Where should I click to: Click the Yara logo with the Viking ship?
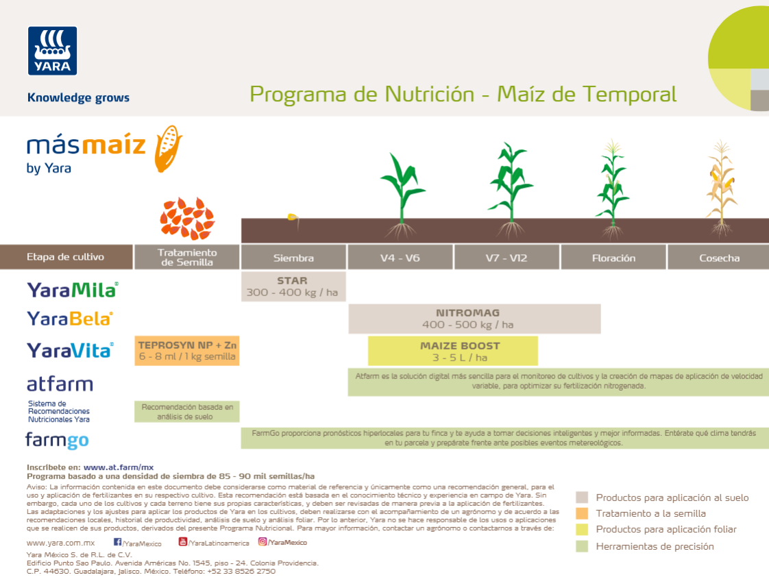coord(52,50)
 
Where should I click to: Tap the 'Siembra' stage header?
coord(293,258)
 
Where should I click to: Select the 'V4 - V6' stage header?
coord(400,258)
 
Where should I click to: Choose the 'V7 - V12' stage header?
coord(507,258)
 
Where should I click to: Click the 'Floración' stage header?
coord(613,258)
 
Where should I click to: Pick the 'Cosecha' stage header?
coord(719,258)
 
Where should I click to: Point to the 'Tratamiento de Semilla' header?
coord(186,257)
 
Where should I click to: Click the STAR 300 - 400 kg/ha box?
coord(293,286)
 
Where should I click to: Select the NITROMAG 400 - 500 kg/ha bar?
coord(474,319)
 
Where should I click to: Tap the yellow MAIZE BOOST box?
coord(452,351)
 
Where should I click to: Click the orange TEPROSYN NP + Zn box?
coord(187,350)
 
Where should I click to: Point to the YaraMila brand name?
coord(72,289)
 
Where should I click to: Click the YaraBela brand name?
coord(69,319)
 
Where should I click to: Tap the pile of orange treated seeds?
coord(187,218)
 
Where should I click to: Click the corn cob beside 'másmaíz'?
coord(167,147)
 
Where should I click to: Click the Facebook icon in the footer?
coord(117,542)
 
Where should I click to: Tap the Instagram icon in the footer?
coord(263,541)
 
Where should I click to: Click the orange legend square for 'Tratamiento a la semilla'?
coord(582,513)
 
